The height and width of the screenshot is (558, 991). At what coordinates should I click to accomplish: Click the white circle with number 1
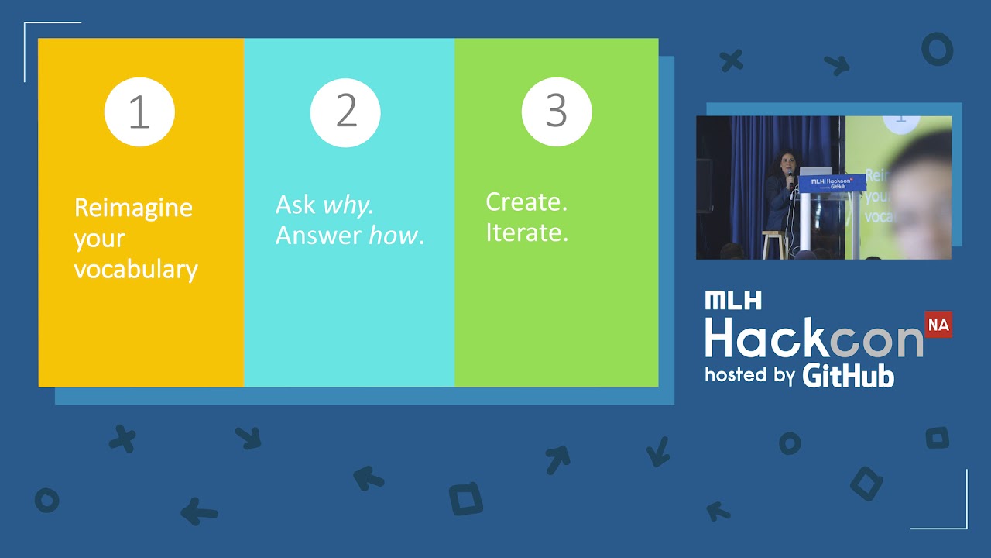click(139, 112)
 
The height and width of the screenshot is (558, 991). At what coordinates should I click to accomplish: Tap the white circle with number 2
click(345, 112)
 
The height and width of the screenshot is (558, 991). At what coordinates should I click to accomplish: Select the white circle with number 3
click(557, 112)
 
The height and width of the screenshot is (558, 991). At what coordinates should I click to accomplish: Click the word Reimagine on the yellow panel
click(133, 208)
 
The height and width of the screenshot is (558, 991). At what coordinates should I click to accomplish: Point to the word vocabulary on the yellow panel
click(135, 270)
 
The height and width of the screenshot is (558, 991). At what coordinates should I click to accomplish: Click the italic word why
click(348, 206)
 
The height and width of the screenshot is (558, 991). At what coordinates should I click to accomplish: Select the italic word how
click(393, 235)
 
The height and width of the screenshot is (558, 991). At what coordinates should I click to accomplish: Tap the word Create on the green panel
click(526, 202)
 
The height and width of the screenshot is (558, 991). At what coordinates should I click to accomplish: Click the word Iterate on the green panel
click(527, 232)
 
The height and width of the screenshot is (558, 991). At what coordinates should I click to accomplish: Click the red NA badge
click(938, 325)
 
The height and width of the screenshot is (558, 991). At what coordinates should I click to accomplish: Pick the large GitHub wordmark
click(849, 376)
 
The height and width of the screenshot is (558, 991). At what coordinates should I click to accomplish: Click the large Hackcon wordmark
click(814, 337)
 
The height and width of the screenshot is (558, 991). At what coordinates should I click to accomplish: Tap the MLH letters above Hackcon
click(733, 300)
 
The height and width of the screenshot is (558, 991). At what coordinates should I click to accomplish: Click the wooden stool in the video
click(775, 244)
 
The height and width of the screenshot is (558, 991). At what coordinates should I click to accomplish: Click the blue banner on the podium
click(832, 184)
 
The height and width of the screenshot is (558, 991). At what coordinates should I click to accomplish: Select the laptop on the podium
click(816, 171)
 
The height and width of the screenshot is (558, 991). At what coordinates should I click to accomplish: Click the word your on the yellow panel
click(100, 239)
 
